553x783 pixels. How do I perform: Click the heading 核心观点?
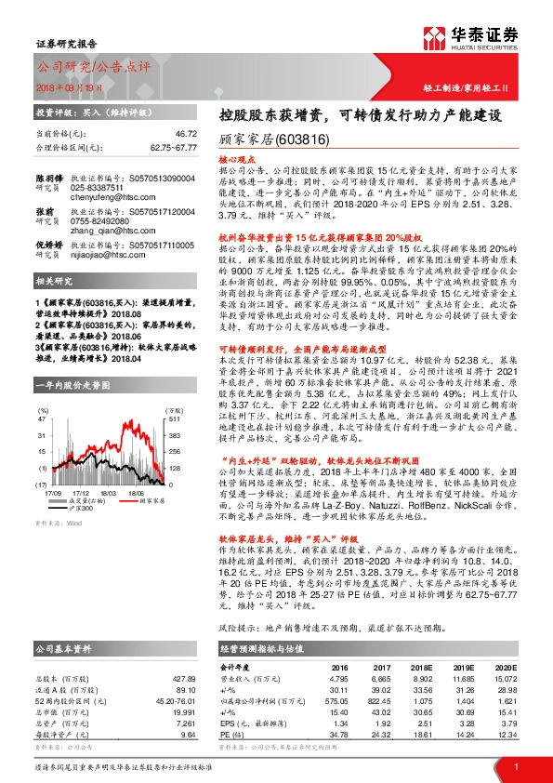click(237, 160)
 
